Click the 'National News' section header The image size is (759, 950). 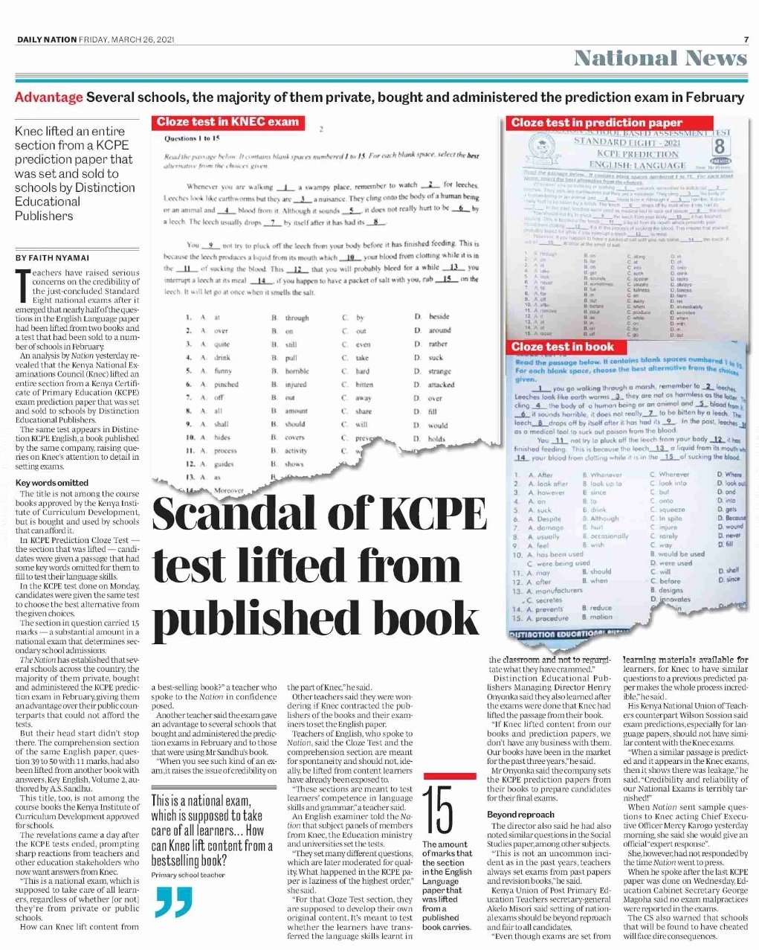click(660, 58)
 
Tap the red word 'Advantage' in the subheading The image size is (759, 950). click(48, 97)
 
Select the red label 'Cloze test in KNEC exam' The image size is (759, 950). click(227, 122)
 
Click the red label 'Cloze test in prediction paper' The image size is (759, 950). click(597, 123)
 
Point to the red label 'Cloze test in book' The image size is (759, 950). click(563, 347)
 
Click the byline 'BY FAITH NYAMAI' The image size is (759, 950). click(51, 257)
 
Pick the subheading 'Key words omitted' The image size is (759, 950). click(51, 483)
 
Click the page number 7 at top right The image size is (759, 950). click(746, 39)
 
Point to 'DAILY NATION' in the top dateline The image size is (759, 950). click(46, 39)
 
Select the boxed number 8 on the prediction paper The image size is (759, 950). click(720, 145)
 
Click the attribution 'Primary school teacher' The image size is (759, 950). click(188, 875)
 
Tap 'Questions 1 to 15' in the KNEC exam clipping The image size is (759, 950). click(192, 139)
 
